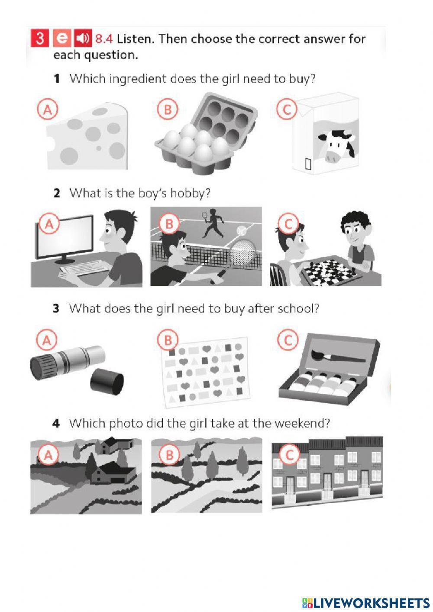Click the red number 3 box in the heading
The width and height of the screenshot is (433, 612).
pyautogui.click(x=40, y=38)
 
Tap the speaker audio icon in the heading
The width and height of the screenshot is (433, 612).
pyautogui.click(x=83, y=38)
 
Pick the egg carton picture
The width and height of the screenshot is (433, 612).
pyautogui.click(x=206, y=133)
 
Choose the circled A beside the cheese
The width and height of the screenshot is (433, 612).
pyautogui.click(x=48, y=110)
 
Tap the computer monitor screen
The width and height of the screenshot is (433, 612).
pyautogui.click(x=65, y=237)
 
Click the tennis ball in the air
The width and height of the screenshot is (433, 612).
pyautogui.click(x=242, y=231)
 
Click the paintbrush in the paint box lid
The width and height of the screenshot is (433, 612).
pyautogui.click(x=338, y=356)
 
